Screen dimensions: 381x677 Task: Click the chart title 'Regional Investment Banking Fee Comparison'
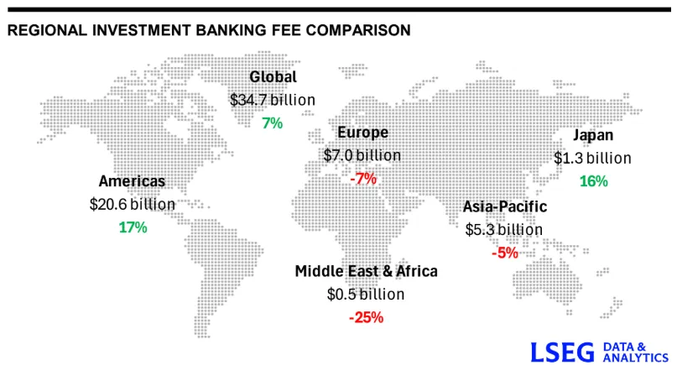pyautogui.click(x=208, y=30)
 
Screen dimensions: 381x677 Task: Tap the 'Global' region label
pyautogui.click(x=273, y=77)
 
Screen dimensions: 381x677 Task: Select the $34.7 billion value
pyautogui.click(x=273, y=100)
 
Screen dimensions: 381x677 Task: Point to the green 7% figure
pyautogui.click(x=273, y=123)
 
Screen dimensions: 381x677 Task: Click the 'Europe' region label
pyautogui.click(x=362, y=133)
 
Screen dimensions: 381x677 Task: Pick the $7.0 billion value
pyautogui.click(x=362, y=155)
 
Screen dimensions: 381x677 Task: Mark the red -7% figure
pyautogui.click(x=363, y=178)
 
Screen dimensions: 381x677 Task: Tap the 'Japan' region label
pyautogui.click(x=593, y=135)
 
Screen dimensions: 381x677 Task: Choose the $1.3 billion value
pyautogui.click(x=592, y=158)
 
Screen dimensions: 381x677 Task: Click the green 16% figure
pyautogui.click(x=593, y=180)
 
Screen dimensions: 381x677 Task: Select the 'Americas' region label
pyautogui.click(x=132, y=181)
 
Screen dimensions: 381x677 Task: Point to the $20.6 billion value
pyautogui.click(x=133, y=204)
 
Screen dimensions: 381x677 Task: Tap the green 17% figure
pyautogui.click(x=133, y=227)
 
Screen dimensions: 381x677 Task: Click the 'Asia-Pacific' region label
pyautogui.click(x=505, y=206)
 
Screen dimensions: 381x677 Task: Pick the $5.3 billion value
pyautogui.click(x=504, y=229)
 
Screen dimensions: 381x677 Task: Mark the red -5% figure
pyautogui.click(x=504, y=252)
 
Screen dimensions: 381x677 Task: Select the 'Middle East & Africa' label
pyautogui.click(x=366, y=271)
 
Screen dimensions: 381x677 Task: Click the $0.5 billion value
pyautogui.click(x=366, y=295)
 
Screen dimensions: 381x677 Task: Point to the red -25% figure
pyautogui.click(x=366, y=317)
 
